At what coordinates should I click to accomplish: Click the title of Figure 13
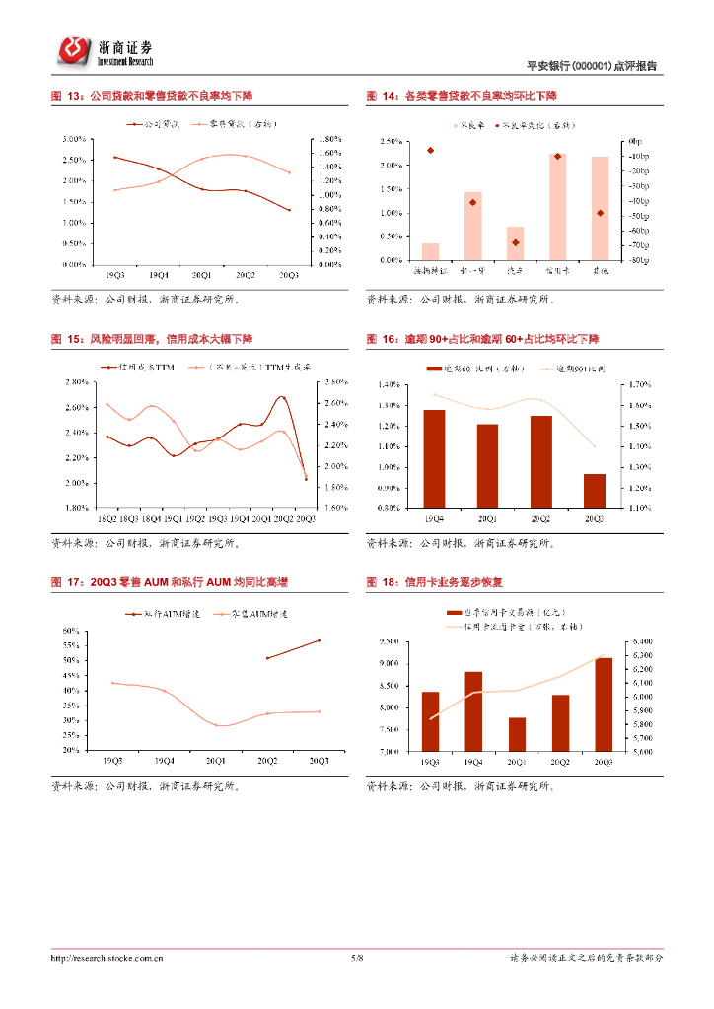point(152,96)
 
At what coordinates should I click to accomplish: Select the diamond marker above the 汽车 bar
point(515,242)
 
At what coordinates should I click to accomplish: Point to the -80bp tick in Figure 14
point(638,260)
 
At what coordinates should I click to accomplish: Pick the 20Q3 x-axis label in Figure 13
point(289,275)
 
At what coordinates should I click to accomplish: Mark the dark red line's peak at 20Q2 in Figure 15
point(282,397)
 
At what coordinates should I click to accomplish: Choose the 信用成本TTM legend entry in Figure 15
point(140,366)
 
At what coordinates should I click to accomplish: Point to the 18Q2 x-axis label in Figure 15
point(107,517)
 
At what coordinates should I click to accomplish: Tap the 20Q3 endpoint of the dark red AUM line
point(319,640)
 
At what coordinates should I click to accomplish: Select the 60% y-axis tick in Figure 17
point(71,631)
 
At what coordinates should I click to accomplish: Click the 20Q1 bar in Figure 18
point(517,734)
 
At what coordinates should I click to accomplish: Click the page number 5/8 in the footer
point(357,957)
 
